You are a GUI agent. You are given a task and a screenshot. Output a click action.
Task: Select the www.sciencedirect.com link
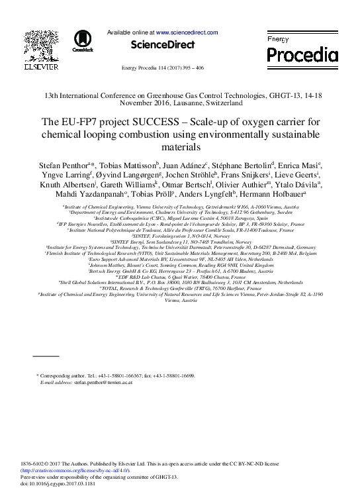point(187,32)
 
